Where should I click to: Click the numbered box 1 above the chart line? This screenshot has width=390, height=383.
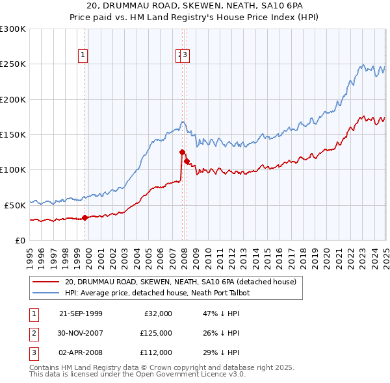pos(84,56)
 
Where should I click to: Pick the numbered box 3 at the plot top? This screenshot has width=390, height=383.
pos(185,56)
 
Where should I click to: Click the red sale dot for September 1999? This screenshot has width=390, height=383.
pos(85,217)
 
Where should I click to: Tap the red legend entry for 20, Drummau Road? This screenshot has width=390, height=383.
pos(180,282)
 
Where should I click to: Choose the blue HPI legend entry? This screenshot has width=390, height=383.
pos(157,293)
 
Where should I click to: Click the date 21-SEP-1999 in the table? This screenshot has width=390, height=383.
pos(81,314)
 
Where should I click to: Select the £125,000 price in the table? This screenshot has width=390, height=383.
pos(156,333)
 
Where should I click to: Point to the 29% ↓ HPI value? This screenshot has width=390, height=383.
pos(222,352)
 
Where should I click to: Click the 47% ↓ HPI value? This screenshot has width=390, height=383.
pos(222,314)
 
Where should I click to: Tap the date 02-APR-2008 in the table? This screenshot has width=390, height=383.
pos(81,352)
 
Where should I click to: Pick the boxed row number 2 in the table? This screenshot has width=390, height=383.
pos(33,333)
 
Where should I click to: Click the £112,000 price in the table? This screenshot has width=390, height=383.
pos(156,352)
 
